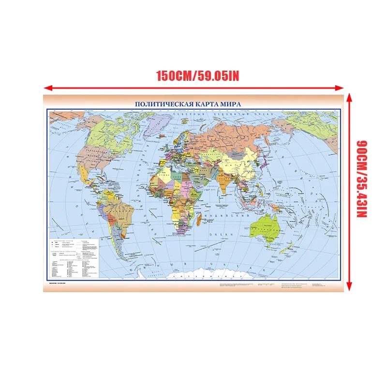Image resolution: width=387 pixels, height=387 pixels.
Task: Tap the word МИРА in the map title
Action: [230, 104]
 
